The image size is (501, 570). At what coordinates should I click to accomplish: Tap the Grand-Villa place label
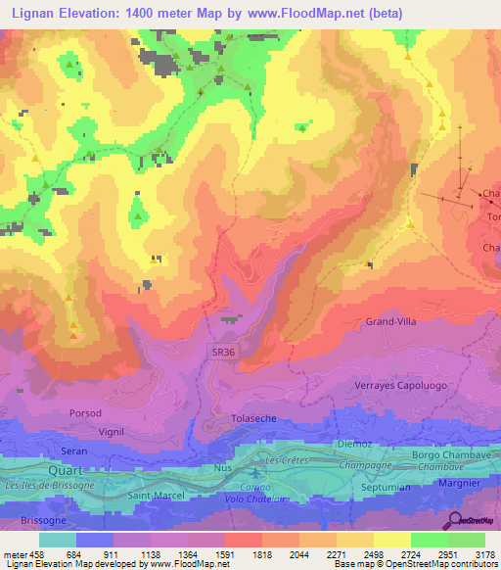click(392, 321)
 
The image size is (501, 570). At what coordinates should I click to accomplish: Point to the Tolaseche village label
click(256, 418)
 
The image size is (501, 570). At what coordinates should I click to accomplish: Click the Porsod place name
click(85, 413)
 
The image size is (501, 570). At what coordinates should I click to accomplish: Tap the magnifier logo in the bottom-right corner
click(455, 521)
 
